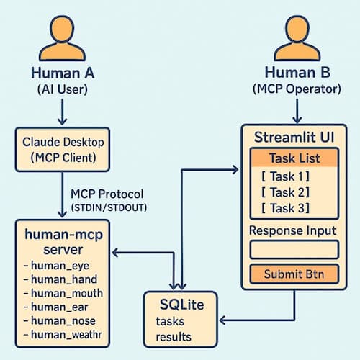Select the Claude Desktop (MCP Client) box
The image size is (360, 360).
pos(63,150)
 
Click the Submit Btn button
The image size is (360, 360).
pos(294,274)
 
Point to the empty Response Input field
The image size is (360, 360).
pos(294,250)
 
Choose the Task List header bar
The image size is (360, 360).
pos(294,158)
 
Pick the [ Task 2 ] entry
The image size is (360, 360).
pos(285,192)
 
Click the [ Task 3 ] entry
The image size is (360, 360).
pos(285,208)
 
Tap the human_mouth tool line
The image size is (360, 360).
pos(63,294)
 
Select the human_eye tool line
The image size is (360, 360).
pos(57,266)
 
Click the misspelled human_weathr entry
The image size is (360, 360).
pos(63,335)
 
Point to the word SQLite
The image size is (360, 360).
pos(182,305)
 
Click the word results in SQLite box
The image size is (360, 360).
pos(174,336)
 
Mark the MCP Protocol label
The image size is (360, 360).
pos(107,194)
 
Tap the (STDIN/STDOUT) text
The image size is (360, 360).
pos(109,208)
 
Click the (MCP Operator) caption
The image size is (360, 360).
pos(297,89)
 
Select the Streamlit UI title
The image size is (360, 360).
pos(294,137)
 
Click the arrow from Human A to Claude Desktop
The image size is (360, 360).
pos(63,112)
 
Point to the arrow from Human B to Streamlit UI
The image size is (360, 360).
pos(297,111)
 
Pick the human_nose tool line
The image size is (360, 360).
pos(60,321)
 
